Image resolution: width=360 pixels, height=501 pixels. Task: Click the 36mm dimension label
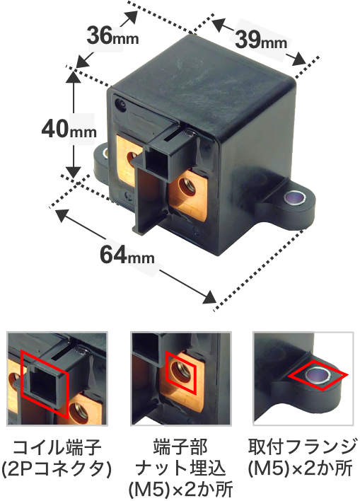tap(112, 36)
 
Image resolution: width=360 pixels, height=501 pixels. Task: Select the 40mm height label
tap(69, 129)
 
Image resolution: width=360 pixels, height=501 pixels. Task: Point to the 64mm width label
tap(127, 255)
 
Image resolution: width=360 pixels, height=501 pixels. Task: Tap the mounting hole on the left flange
tap(105, 153)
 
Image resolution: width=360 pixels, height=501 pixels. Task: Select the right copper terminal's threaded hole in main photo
tap(187, 187)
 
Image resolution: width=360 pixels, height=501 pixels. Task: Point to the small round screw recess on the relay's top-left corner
tap(122, 104)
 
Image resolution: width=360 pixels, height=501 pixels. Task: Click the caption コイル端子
tap(57, 447)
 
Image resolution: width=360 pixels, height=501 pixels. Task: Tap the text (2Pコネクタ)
tap(56, 468)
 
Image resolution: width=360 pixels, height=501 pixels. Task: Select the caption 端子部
tap(180, 447)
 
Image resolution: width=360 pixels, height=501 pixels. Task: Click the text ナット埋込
tap(180, 468)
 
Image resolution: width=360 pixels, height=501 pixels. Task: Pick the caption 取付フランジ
tap(302, 447)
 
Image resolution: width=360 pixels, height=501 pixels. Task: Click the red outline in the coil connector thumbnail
tap(21, 374)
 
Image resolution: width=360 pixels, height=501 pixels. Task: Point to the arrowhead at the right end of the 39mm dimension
tap(299, 59)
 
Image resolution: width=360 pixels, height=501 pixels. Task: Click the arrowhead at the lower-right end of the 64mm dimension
tap(209, 297)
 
